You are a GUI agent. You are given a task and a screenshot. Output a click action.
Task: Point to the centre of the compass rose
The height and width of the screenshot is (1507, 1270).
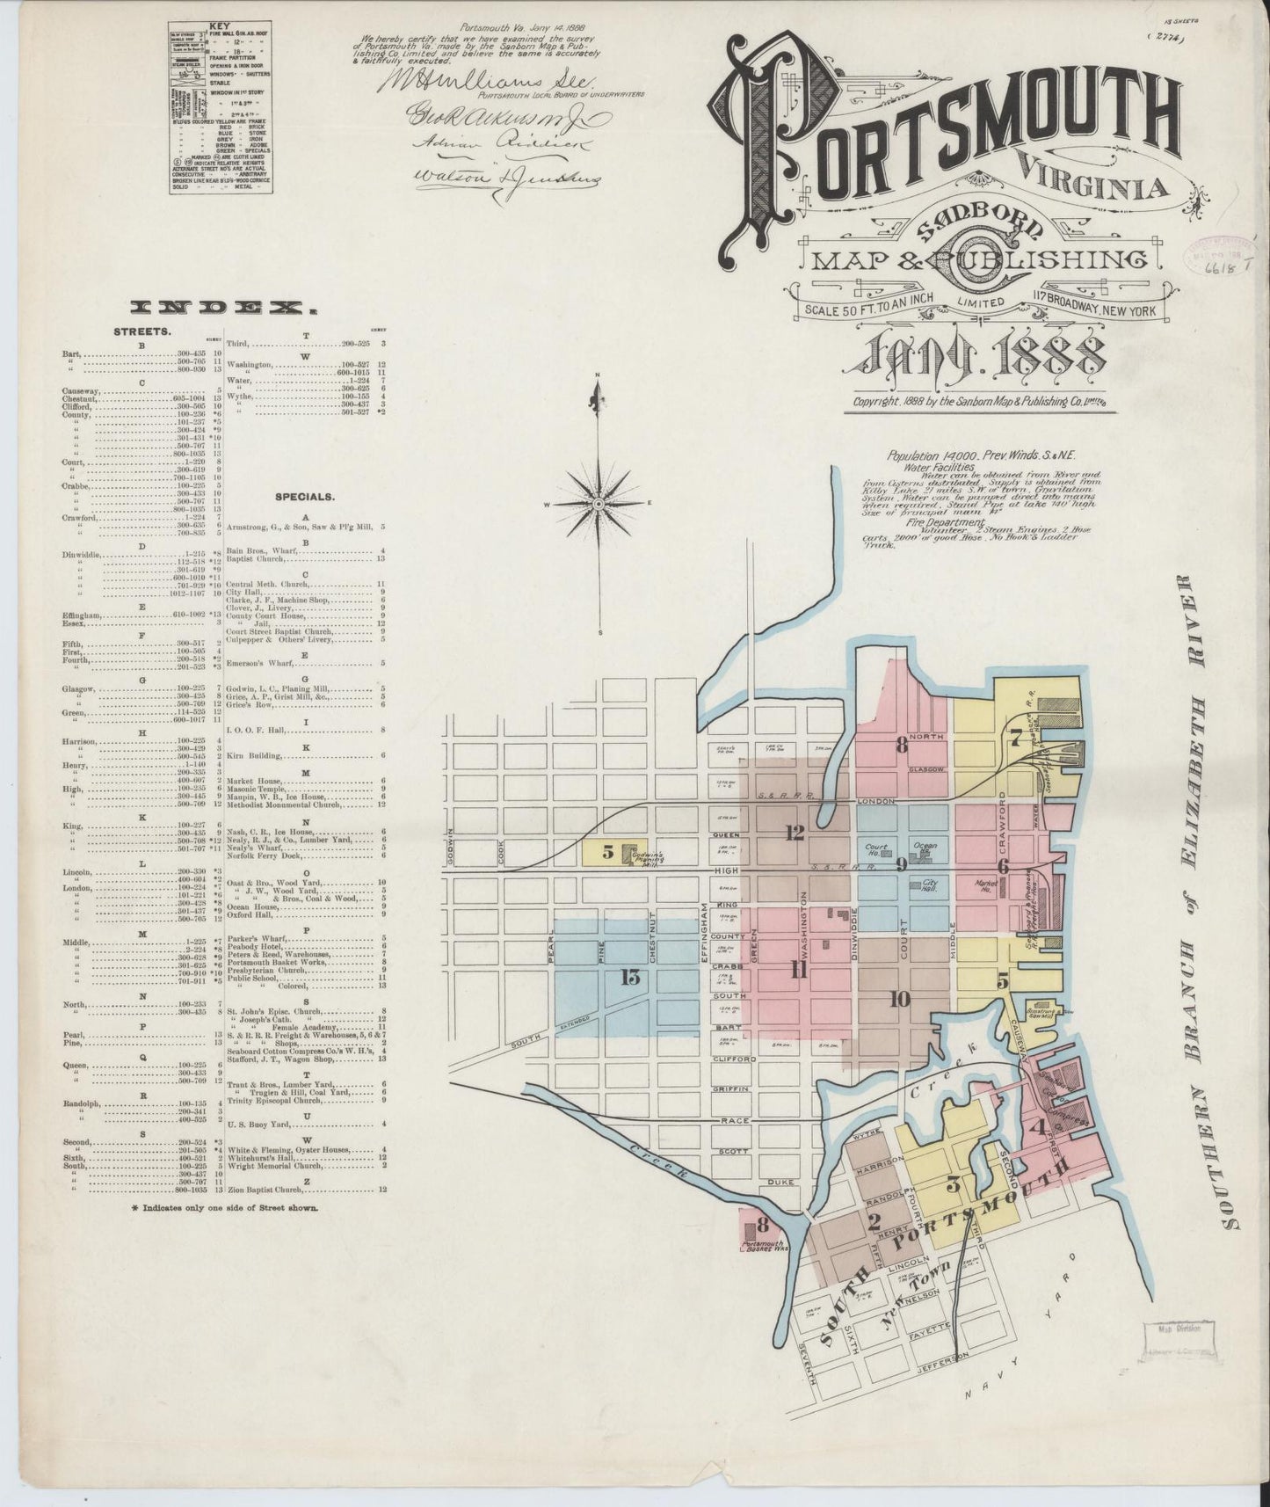click(x=598, y=504)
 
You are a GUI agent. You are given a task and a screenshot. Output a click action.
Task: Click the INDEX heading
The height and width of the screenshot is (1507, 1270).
click(x=223, y=308)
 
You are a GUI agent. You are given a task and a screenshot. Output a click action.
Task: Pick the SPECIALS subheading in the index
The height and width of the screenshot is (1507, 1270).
click(x=305, y=496)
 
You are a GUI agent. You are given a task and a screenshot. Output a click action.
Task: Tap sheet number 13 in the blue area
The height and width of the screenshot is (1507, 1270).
click(x=629, y=979)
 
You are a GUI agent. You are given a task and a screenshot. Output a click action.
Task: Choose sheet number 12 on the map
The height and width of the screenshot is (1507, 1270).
click(x=795, y=832)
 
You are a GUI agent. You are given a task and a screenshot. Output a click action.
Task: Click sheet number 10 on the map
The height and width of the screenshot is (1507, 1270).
click(x=898, y=999)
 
